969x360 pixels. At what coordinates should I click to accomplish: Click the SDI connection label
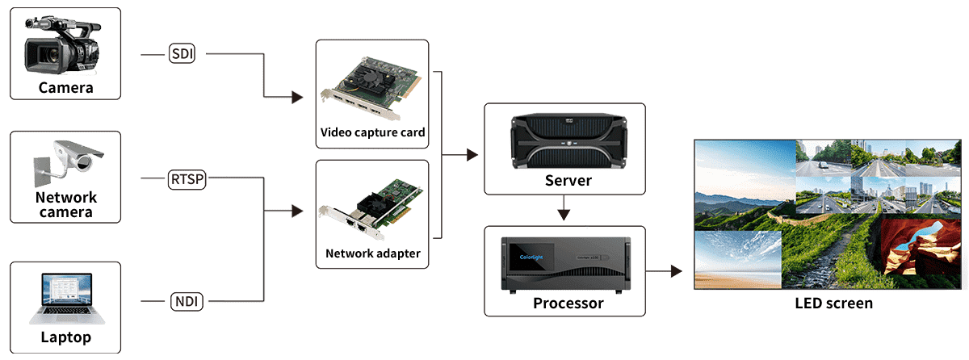click(x=182, y=53)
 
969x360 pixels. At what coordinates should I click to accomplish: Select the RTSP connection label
click(x=187, y=179)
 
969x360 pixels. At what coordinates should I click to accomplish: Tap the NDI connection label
click(x=187, y=301)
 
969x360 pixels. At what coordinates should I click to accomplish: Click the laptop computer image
click(x=67, y=298)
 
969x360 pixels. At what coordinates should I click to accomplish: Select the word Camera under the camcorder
click(x=65, y=88)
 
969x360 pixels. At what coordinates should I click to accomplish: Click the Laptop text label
click(x=65, y=337)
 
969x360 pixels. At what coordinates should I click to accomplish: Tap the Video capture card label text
click(x=372, y=132)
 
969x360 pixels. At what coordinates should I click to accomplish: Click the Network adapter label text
click(x=372, y=253)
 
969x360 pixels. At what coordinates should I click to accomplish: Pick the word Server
click(x=568, y=180)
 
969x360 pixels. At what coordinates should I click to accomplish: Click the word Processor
click(x=568, y=303)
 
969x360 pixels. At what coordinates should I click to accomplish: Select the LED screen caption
click(x=833, y=303)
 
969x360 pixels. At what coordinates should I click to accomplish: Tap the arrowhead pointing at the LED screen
click(x=677, y=271)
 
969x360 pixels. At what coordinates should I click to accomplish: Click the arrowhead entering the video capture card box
click(x=297, y=97)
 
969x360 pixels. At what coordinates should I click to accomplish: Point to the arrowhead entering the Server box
click(x=472, y=155)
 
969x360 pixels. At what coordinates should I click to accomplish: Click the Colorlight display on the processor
click(x=531, y=257)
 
